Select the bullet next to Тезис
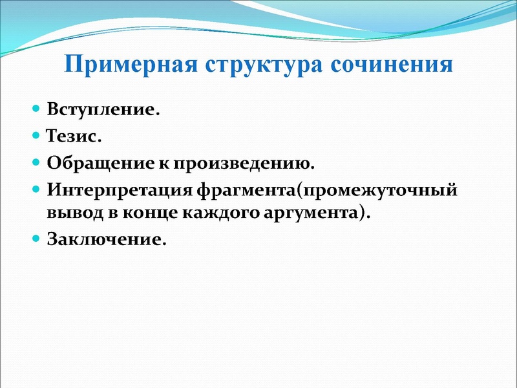point(37,136)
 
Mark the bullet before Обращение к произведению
point(37,163)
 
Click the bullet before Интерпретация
point(37,190)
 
